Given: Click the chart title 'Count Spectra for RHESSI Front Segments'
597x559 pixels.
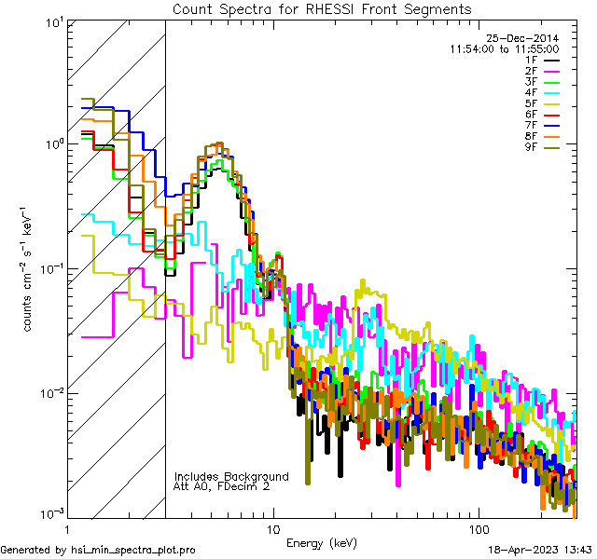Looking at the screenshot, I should [322, 9].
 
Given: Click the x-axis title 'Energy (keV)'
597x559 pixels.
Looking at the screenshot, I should [322, 543].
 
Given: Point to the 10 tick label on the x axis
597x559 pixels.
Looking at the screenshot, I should [272, 527].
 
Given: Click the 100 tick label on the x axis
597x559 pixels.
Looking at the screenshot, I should [478, 527].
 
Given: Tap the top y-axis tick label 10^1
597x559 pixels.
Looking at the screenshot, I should [52, 22].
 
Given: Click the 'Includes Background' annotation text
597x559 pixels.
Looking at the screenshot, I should [231, 477].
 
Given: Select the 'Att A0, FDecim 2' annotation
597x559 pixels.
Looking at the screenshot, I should [222, 486].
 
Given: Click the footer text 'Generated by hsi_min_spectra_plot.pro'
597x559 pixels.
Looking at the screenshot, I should [98, 551].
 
